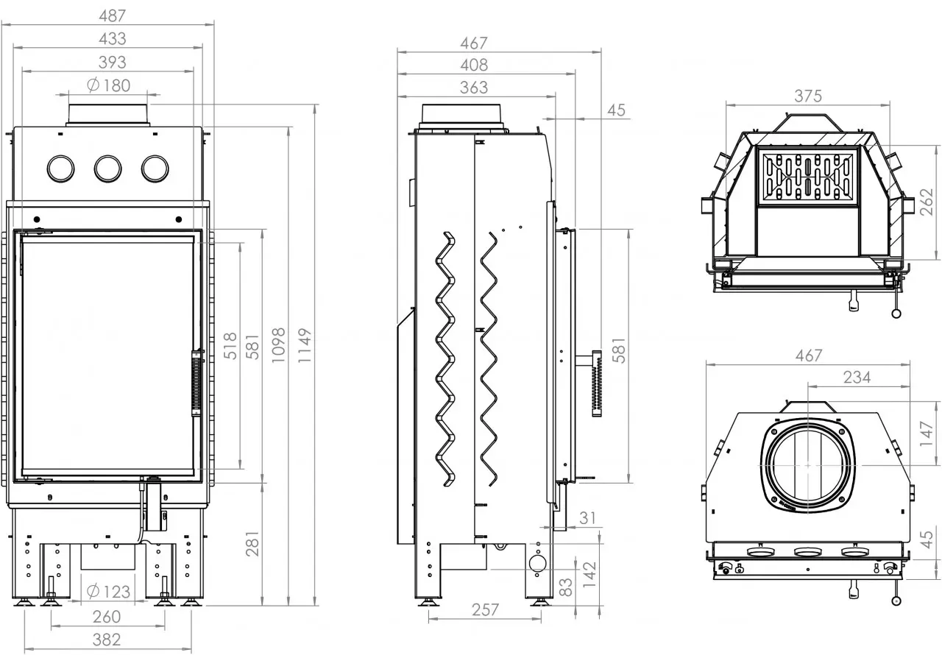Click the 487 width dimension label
(x=113, y=16)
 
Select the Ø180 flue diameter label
(x=108, y=85)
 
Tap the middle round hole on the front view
(x=108, y=169)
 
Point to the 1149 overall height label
(x=305, y=345)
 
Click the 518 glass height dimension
(x=230, y=346)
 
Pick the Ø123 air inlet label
(x=108, y=592)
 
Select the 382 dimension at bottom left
(x=107, y=640)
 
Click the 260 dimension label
(x=107, y=617)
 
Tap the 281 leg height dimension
(x=252, y=544)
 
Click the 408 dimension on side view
(x=474, y=65)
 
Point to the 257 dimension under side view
(x=485, y=609)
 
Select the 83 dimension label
(x=567, y=587)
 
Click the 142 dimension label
(x=589, y=574)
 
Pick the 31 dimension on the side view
(x=587, y=518)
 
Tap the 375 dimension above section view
(x=808, y=96)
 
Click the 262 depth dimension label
(x=927, y=202)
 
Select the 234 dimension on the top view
(x=857, y=377)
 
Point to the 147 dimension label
(x=927, y=434)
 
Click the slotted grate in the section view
(x=807, y=177)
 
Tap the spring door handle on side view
(x=596, y=383)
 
